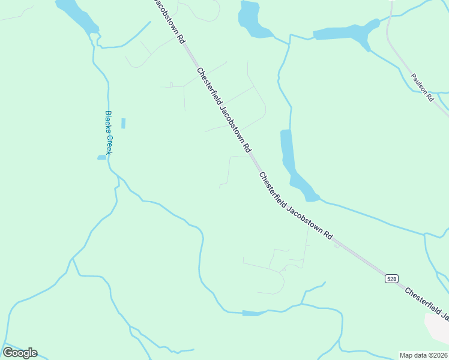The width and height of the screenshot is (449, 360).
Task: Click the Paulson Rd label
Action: click(422, 88)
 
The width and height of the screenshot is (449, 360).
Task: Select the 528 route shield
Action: click(391, 278)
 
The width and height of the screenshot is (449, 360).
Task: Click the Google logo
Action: click(20, 353)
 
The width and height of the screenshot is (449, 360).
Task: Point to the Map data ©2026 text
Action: click(423, 355)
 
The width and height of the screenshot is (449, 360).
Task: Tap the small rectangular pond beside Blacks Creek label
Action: click(124, 123)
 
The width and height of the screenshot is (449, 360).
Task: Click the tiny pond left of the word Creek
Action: click(101, 158)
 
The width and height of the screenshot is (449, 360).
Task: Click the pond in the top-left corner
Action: click(78, 15)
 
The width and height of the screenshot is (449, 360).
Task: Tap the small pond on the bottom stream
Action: click(253, 313)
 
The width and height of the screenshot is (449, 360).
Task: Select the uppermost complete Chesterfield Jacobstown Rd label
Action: click(223, 109)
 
